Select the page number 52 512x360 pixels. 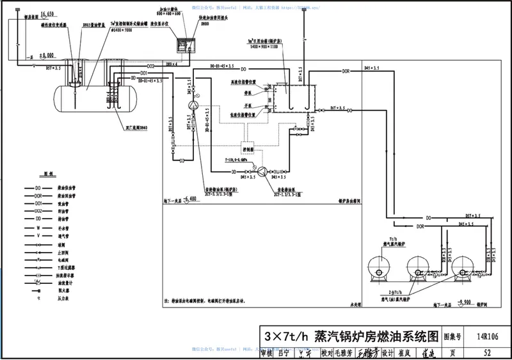[487, 352]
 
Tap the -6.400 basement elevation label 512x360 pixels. [188, 199]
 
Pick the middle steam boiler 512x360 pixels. [423, 268]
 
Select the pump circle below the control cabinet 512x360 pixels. [262, 171]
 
